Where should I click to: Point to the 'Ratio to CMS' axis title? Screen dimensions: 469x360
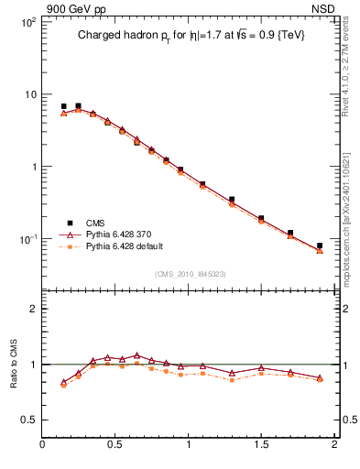pos(15,364)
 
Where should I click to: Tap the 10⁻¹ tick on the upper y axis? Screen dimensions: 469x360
pos(26,239)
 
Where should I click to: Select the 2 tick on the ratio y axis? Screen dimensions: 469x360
pos(33,309)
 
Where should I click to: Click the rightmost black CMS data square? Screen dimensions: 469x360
pos(320,245)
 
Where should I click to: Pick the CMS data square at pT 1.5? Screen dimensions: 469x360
pos(261,218)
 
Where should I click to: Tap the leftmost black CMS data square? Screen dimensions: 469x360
pos(64,106)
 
